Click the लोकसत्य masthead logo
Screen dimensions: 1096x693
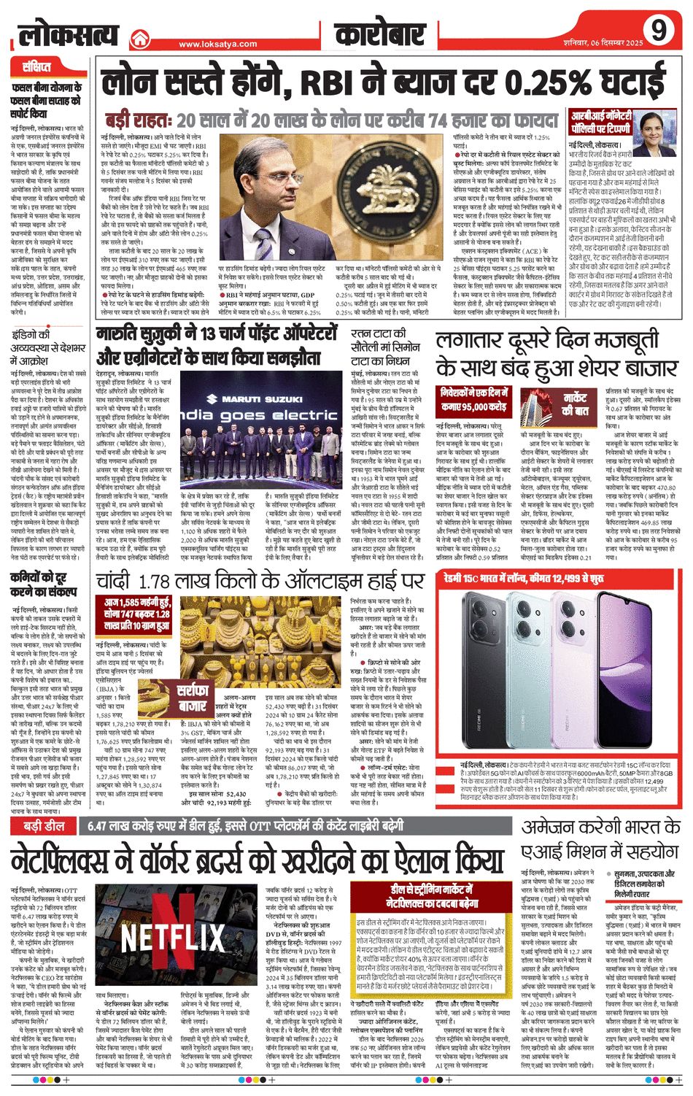click(x=69, y=34)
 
